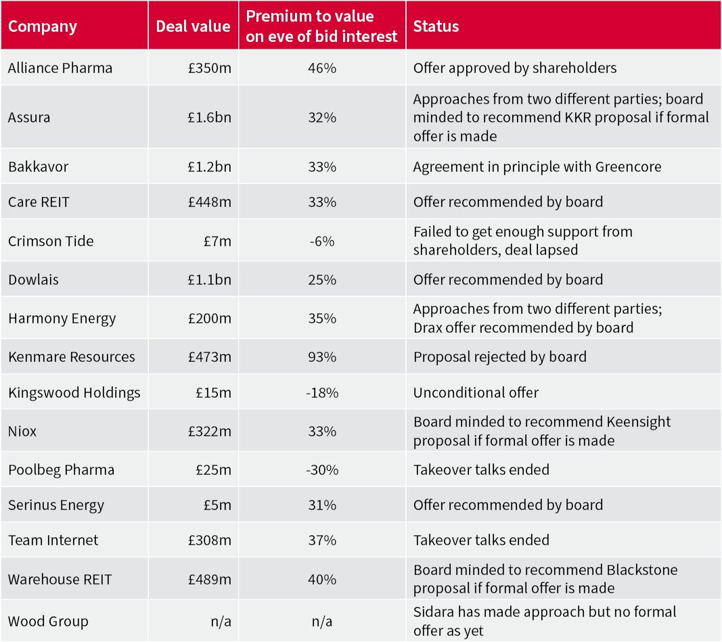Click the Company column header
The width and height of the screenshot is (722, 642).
[43, 27]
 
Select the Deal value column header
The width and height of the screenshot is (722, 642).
[193, 27]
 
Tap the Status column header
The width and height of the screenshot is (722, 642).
[436, 27]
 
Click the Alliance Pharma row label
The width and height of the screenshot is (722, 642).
[60, 68]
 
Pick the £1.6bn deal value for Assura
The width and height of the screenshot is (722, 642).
[209, 118]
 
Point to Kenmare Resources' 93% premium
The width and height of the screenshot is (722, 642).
[321, 357]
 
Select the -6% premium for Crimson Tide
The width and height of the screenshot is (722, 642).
[321, 242]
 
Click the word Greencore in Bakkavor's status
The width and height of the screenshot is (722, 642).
[627, 167]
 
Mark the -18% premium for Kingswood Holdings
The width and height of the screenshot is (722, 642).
[321, 393]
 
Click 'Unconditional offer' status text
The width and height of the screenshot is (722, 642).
[476, 393]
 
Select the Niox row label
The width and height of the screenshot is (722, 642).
[22, 432]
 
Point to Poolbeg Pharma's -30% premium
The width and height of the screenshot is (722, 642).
[321, 470]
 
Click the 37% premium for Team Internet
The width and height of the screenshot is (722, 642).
[321, 541]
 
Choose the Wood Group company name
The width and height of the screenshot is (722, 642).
[48, 622]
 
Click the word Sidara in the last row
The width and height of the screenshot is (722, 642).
[435, 612]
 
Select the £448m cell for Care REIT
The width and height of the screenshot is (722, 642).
[210, 202]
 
